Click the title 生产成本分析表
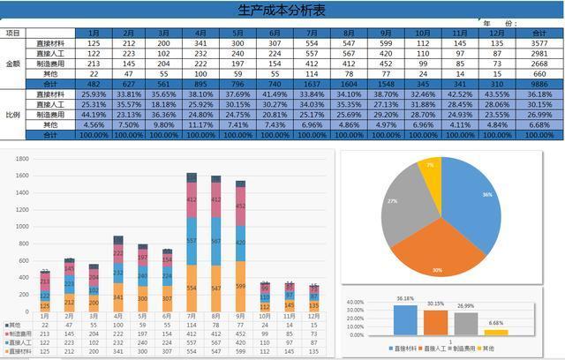pyautogui.click(x=282, y=10)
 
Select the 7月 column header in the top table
pyautogui.click(x=312, y=33)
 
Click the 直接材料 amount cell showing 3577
pyautogui.click(x=533, y=43)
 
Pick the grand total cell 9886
pyautogui.click(x=533, y=84)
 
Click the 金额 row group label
pyautogui.click(x=12, y=64)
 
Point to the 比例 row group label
pyautogui.click(x=12, y=115)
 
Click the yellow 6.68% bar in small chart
pyautogui.click(x=496, y=331)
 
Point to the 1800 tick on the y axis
pyautogui.click(x=22, y=159)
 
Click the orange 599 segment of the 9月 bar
pyautogui.click(x=240, y=287)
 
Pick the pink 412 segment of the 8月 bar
pyautogui.click(x=215, y=200)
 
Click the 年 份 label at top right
pyautogui.click(x=499, y=22)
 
